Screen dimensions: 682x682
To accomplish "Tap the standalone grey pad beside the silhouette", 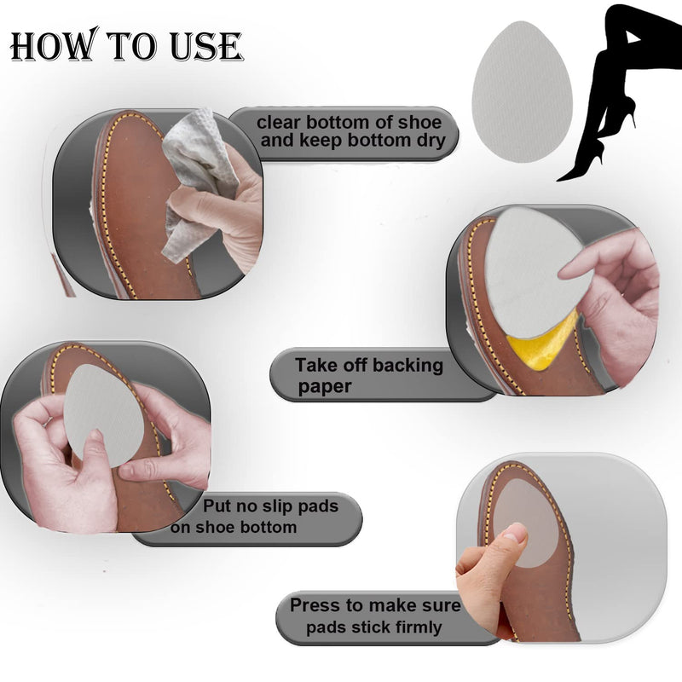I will (521, 92).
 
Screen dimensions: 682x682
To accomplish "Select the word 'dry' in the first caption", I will (428, 142).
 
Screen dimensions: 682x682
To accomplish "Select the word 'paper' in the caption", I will (325, 386).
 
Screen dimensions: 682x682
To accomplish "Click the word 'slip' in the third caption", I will (269, 506).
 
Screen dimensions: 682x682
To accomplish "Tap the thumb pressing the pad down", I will (503, 546).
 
